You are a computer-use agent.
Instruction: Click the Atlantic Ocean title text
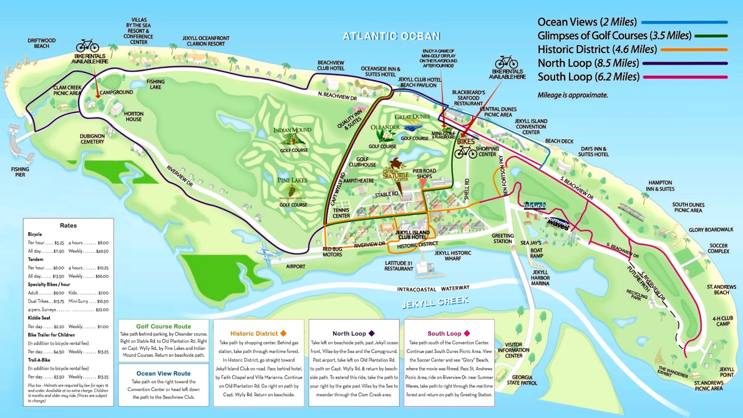pyautogui.click(x=391, y=36)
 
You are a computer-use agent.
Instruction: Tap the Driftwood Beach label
pyautogui.click(x=41, y=43)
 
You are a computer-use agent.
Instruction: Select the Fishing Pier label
pyautogui.click(x=20, y=172)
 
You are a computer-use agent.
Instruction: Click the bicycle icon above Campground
pyautogui.click(x=87, y=46)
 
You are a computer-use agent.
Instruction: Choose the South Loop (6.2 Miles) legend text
pyautogui.click(x=588, y=77)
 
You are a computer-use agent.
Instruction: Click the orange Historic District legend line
pyautogui.click(x=694, y=49)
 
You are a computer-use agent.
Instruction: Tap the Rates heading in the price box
pyautogui.click(x=68, y=225)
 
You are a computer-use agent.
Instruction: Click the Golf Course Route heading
pyautogui.click(x=163, y=327)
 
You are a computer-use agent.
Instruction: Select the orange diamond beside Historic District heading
pyautogui.click(x=283, y=333)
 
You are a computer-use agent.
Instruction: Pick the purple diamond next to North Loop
pyautogui.click(x=371, y=333)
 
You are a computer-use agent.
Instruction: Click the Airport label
pyautogui.click(x=296, y=267)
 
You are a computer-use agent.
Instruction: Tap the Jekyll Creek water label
pyautogui.click(x=435, y=302)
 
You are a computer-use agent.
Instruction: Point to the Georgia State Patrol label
pyautogui.click(x=522, y=380)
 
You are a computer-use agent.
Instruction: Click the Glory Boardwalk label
pyautogui.click(x=711, y=230)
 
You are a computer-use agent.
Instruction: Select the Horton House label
pyautogui.click(x=134, y=117)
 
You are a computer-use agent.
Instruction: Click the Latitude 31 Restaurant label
pyautogui.click(x=399, y=266)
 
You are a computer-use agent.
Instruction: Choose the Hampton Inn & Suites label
pyautogui.click(x=660, y=186)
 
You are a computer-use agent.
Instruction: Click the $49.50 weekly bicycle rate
pyautogui.click(x=102, y=251)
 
